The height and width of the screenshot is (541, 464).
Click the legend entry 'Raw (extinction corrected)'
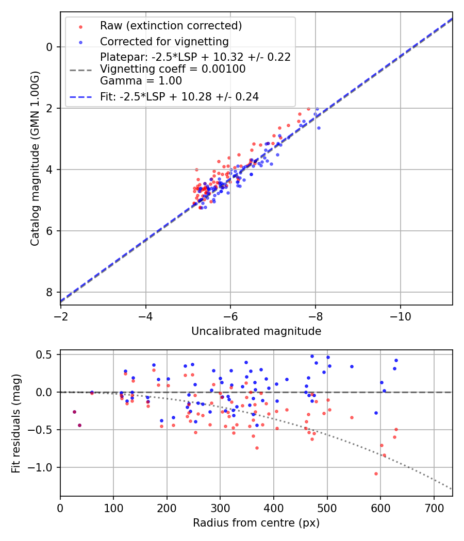coord(171,26)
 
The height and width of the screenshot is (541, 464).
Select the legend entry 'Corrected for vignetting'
coord(164,41)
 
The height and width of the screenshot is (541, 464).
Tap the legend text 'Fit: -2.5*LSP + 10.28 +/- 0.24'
coord(179,96)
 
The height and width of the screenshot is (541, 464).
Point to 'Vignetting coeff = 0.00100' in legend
coord(173,69)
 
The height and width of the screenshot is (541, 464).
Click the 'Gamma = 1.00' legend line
coord(141,80)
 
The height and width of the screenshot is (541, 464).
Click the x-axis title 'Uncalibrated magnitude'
coord(256,331)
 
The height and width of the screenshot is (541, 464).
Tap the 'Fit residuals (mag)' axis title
coord(16,423)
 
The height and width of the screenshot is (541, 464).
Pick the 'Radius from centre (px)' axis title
coord(256,523)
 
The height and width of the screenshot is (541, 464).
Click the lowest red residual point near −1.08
coord(376,474)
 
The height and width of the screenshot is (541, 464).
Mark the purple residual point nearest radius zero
coord(74,412)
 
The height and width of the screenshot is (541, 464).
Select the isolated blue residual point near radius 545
coord(352,366)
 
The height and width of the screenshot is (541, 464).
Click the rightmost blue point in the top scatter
coord(319,128)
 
